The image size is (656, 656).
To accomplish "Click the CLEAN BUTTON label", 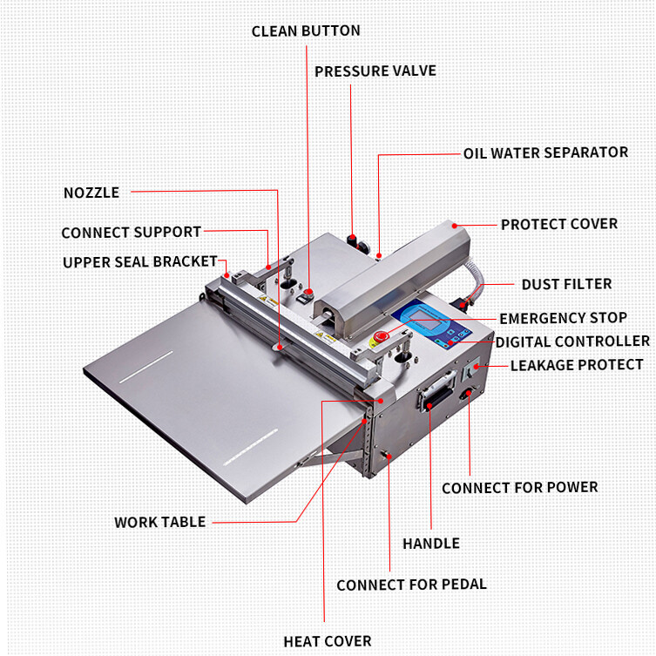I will click(306, 30).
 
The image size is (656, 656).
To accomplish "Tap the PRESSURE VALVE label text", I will click(375, 71).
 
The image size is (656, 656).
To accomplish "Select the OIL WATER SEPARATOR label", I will click(545, 152).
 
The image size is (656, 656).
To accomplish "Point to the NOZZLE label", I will click(91, 192).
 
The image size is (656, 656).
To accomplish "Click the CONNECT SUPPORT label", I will click(131, 233).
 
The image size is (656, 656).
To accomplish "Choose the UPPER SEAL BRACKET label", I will click(139, 262).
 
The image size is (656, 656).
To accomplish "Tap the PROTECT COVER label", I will click(558, 224).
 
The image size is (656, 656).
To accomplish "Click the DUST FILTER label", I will click(566, 284).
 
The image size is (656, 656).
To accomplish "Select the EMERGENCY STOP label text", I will click(562, 318).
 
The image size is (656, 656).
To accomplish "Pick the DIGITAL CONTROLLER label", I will click(572, 341).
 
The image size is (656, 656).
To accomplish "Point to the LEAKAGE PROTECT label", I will click(576, 365).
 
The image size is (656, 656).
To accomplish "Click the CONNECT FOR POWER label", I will click(519, 488).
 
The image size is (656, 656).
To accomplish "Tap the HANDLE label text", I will click(430, 544).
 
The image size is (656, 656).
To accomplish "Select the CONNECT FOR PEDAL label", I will click(411, 585).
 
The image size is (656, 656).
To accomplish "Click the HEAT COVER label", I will click(327, 641).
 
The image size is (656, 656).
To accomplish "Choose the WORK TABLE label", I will click(160, 522).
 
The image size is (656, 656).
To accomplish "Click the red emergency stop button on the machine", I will click(380, 335).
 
